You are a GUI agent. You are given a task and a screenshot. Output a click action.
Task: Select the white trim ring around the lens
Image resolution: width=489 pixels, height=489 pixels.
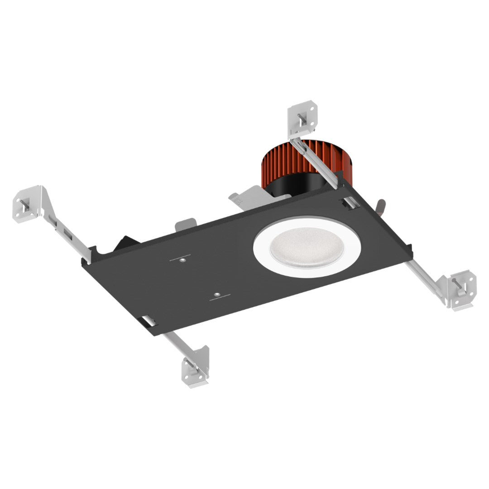click(263, 254)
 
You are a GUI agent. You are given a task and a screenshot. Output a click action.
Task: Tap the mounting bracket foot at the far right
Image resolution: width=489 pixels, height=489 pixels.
click(462, 290)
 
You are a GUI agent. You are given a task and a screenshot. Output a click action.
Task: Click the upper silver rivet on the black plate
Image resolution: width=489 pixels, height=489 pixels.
click(181, 260)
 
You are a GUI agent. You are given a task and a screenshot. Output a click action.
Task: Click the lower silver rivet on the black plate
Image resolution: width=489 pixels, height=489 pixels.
click(217, 295)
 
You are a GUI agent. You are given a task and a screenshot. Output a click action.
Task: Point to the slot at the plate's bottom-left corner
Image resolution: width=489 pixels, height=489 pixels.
click(149, 321)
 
